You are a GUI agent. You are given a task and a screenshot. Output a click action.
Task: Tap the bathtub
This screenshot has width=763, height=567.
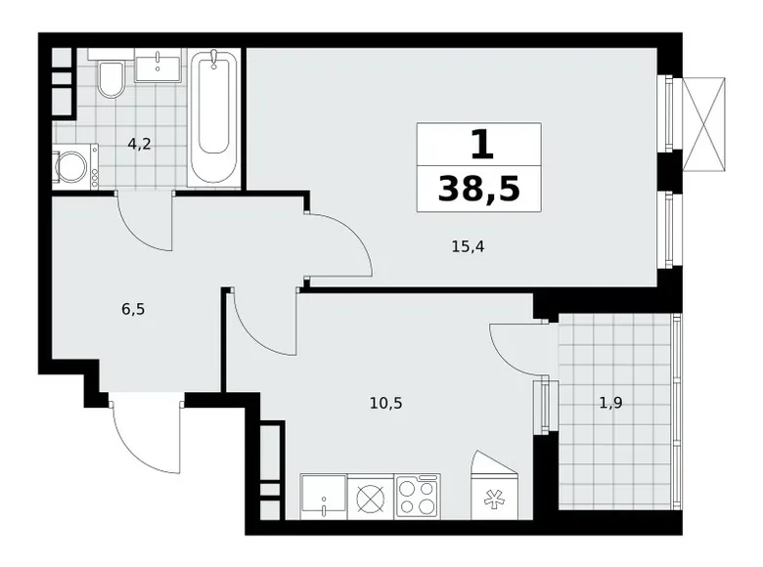coord(214,117)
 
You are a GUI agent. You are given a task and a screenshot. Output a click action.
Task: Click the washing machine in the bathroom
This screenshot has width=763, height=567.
coord(74,166)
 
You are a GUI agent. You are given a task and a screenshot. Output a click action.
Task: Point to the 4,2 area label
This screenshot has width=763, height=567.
coord(139,143)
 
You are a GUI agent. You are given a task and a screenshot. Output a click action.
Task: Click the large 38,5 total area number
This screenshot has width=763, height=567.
coord(478,189)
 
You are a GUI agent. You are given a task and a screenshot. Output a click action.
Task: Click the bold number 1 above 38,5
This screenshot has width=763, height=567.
coord(478,146)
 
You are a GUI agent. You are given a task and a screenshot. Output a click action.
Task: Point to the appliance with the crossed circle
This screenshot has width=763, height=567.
coord(371,497)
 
